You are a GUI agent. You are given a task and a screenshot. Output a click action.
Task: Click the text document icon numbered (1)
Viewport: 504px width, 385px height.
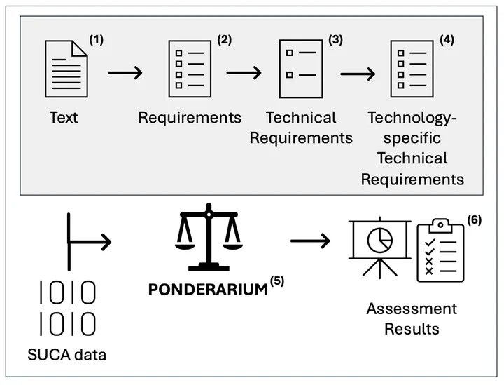click(x=66, y=69)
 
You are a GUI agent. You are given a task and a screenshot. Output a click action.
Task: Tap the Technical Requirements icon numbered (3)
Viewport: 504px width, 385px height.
click(x=301, y=69)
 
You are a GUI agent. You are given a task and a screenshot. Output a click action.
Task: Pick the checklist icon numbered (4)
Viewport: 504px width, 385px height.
click(x=410, y=69)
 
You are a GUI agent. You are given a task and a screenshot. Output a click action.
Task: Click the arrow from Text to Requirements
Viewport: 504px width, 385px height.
click(x=125, y=72)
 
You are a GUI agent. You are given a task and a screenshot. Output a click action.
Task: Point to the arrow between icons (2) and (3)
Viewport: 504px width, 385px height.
click(x=244, y=72)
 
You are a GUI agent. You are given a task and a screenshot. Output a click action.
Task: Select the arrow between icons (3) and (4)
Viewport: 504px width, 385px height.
click(x=356, y=72)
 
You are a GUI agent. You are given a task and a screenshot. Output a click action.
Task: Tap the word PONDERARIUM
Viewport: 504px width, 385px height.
click(x=208, y=289)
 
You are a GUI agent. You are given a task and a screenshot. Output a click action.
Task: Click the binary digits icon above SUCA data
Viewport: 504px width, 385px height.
click(x=67, y=309)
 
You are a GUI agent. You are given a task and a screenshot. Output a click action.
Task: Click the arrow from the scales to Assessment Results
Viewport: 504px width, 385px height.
click(x=310, y=241)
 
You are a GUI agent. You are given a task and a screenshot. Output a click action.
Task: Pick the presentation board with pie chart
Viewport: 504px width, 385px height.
click(x=379, y=245)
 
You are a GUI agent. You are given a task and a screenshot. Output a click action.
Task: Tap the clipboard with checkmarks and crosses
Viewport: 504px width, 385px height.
click(x=440, y=250)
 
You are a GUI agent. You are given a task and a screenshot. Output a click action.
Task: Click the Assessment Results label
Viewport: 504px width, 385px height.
click(x=412, y=318)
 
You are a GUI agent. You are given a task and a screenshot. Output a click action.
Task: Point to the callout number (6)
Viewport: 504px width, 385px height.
click(x=475, y=220)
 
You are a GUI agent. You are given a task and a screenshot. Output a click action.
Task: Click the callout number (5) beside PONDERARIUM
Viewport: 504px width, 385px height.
click(x=277, y=282)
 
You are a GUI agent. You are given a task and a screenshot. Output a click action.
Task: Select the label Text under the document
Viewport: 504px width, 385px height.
click(x=64, y=117)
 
